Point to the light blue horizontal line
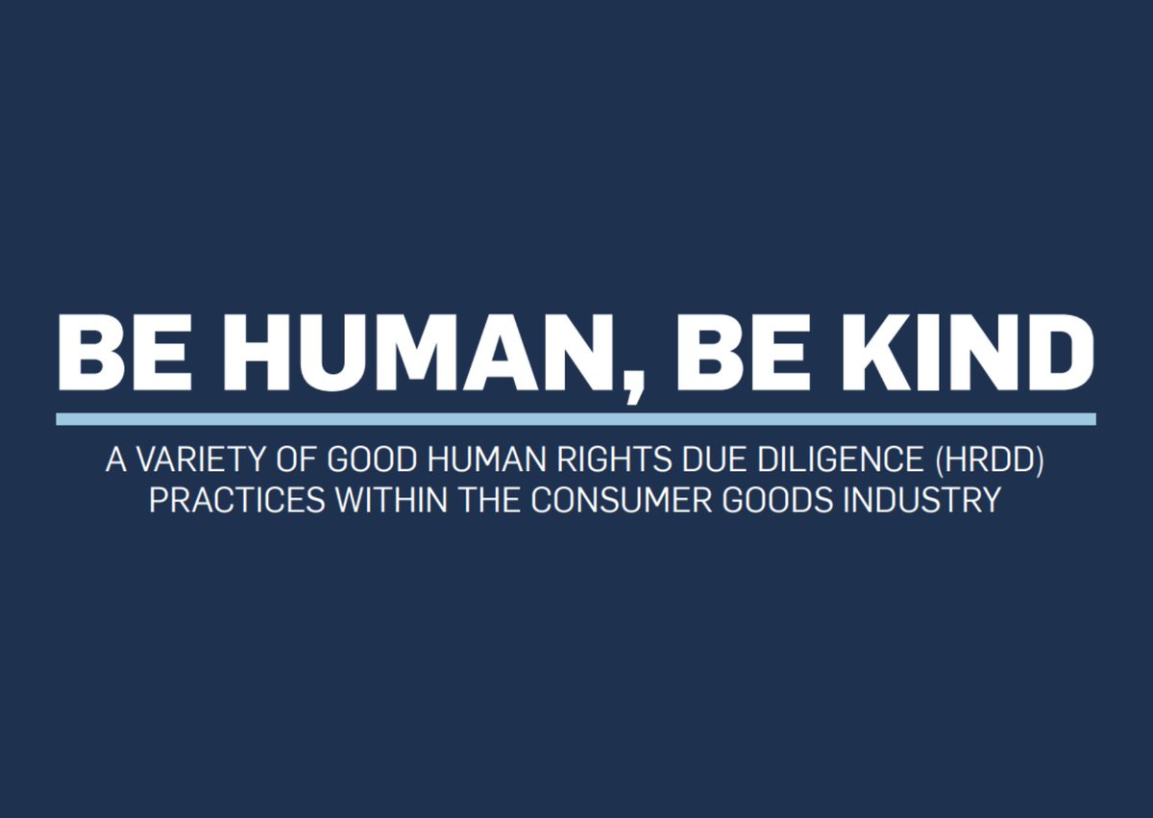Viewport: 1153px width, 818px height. coord(576,419)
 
